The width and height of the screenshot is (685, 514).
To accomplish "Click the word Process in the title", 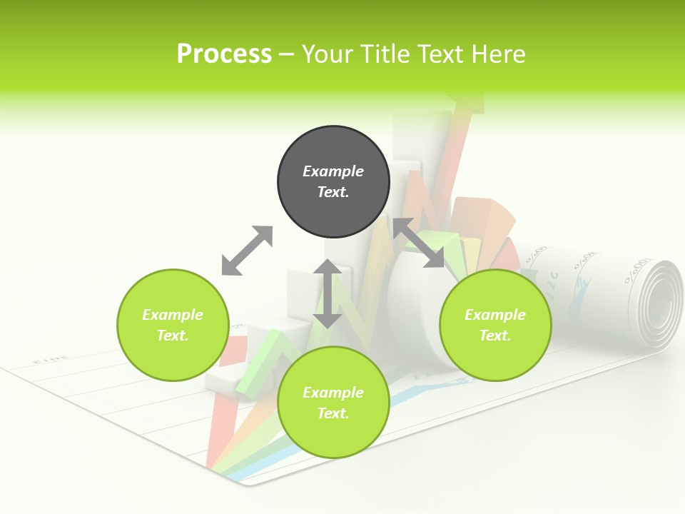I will point(224,54).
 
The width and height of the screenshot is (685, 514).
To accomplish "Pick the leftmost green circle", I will point(173,325).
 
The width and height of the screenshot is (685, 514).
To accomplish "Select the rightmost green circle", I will point(495,325).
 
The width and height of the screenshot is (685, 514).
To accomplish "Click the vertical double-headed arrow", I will point(328,293).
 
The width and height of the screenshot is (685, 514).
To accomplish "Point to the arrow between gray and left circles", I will point(247,251).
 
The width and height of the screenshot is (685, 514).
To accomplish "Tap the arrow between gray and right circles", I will point(418,243).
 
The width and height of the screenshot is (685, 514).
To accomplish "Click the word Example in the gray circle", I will point(333,171).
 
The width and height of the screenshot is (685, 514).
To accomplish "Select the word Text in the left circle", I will point(173,336).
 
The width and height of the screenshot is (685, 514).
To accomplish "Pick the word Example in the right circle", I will point(495,315).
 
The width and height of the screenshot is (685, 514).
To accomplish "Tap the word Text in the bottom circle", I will point(333,413).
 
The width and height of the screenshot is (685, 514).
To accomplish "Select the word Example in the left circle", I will point(173,315).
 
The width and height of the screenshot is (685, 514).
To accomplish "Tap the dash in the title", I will point(286,54).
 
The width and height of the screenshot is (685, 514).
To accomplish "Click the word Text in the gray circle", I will point(333,192).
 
